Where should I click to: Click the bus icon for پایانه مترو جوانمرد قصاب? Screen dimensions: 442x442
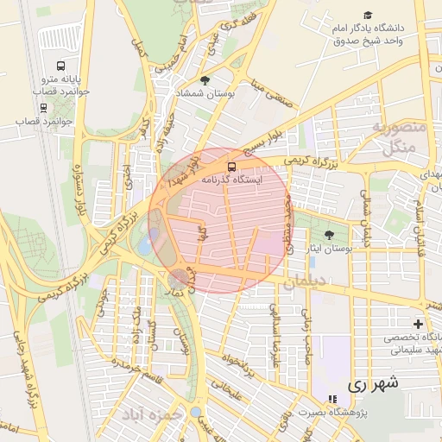tap(60, 66)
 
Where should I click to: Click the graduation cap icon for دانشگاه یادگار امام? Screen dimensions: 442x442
tap(369, 16)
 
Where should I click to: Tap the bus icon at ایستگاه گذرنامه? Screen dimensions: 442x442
tap(230, 166)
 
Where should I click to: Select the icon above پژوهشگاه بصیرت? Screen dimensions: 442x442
tap(332, 399)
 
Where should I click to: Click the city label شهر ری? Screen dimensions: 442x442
tap(374, 384)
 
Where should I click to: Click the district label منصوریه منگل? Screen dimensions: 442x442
tap(396, 138)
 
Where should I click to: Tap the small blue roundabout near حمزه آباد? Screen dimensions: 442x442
tap(195, 411)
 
